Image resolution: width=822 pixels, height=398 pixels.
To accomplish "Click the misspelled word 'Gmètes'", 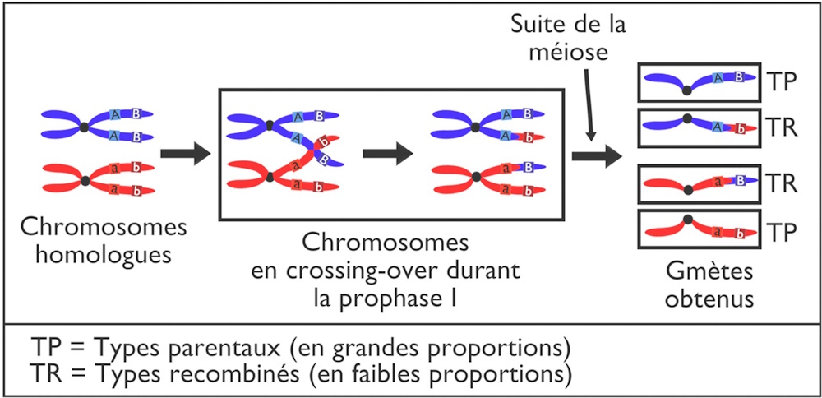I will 698,271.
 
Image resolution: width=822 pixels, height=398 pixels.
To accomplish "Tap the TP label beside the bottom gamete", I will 781,234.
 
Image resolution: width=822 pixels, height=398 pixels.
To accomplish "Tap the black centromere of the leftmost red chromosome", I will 85,180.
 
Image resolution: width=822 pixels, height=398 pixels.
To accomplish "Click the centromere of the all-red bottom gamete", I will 687,220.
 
